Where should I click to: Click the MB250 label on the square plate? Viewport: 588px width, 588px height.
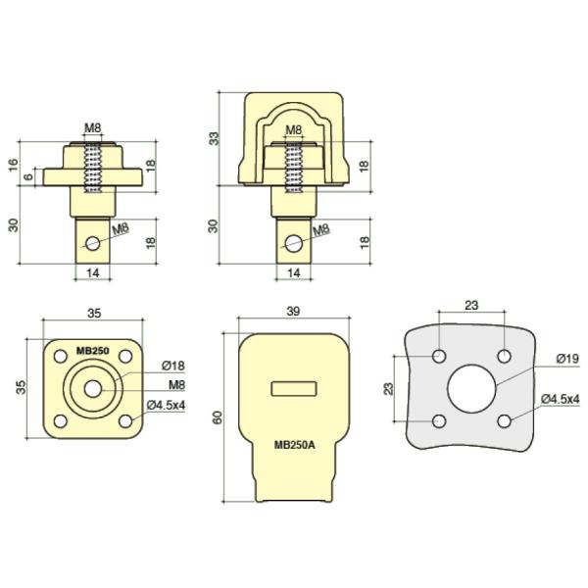click(x=93, y=351)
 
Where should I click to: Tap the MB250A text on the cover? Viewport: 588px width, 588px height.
click(x=294, y=445)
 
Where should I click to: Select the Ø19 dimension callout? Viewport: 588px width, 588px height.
click(x=567, y=359)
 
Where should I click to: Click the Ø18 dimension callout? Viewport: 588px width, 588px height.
click(x=173, y=366)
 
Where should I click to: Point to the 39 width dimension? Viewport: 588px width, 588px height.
click(x=293, y=312)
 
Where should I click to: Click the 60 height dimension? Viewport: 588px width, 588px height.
click(x=218, y=417)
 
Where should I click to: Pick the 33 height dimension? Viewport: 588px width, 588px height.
click(x=214, y=139)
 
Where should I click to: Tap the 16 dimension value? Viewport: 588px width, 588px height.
click(x=14, y=165)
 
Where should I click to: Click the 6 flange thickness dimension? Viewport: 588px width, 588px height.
click(x=28, y=176)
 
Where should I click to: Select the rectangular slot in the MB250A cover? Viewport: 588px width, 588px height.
click(x=294, y=389)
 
